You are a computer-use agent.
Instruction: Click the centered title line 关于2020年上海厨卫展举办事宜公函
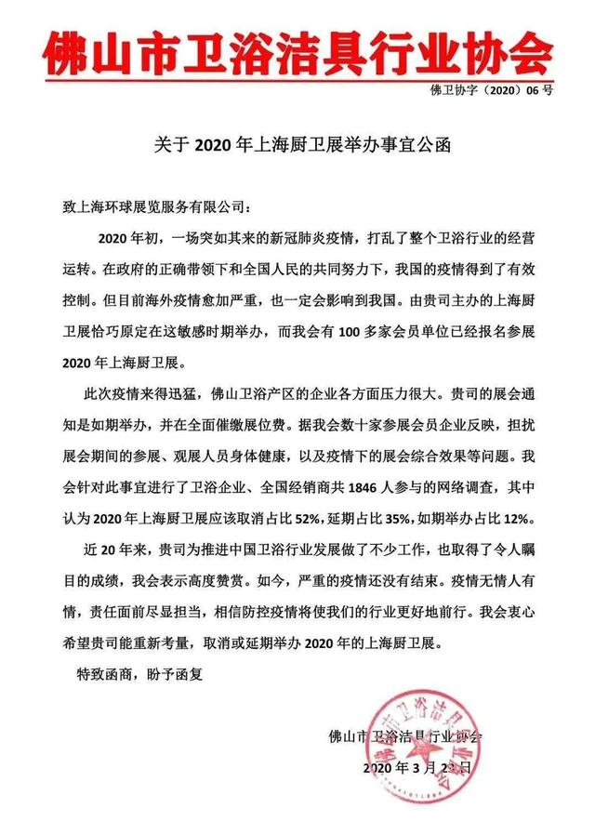tap(297, 145)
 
